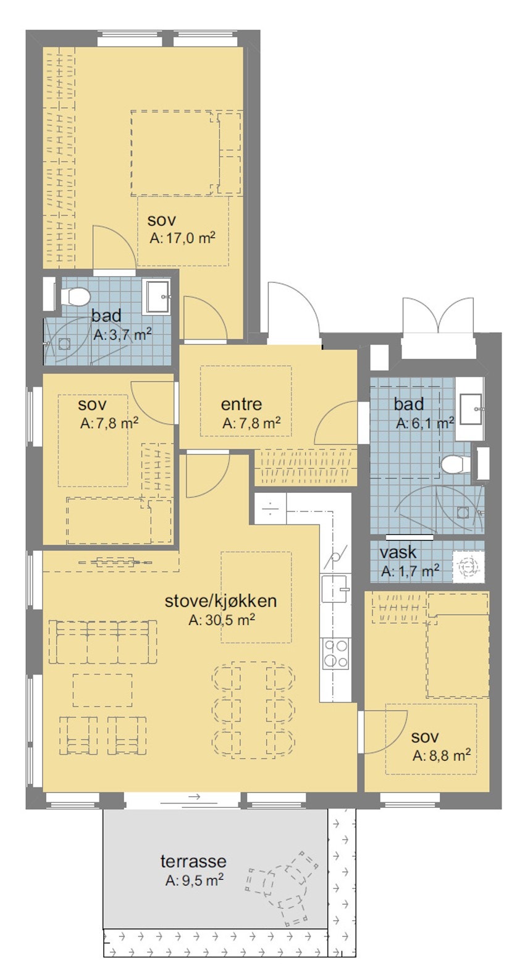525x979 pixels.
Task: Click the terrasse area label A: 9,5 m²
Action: pos(194,881)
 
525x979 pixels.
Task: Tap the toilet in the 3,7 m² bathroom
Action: pos(76,298)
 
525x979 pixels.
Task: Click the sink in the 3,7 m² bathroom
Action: pos(157,297)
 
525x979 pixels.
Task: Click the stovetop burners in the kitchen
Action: pos(335,653)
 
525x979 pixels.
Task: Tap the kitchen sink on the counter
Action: pos(334,587)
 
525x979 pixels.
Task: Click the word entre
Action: pos(241,405)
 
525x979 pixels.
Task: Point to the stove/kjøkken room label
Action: pos(220,601)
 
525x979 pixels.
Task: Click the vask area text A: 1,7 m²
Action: pos(409,571)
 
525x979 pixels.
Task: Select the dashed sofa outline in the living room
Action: pos(102,642)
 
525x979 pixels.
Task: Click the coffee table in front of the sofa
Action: pos(102,690)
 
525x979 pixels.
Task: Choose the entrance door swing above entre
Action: pos(294,312)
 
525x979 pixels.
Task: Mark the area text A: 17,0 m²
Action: pos(182,238)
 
